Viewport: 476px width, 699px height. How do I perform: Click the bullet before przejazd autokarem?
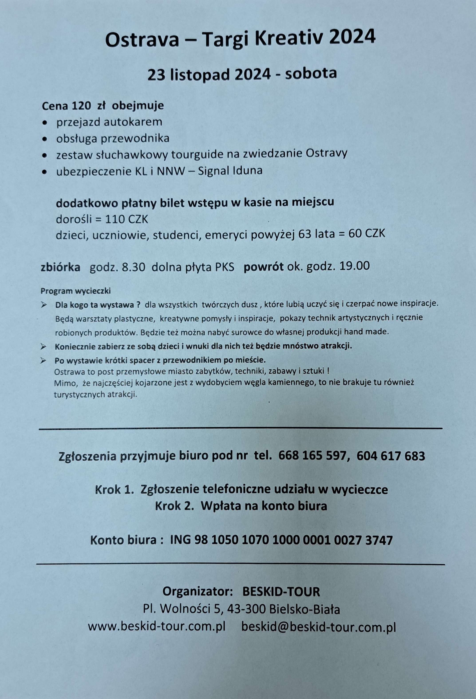(45, 123)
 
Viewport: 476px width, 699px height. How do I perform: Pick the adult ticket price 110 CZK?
(126, 220)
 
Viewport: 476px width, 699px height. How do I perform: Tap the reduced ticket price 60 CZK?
(367, 234)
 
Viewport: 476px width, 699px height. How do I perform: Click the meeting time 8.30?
(133, 267)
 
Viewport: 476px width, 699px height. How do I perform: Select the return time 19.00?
(354, 266)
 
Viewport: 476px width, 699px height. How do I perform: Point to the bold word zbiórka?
(60, 267)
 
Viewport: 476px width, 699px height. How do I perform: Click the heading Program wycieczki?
(76, 291)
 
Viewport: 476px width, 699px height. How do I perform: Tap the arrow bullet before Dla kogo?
(44, 305)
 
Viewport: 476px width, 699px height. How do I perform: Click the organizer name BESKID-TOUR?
(281, 592)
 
